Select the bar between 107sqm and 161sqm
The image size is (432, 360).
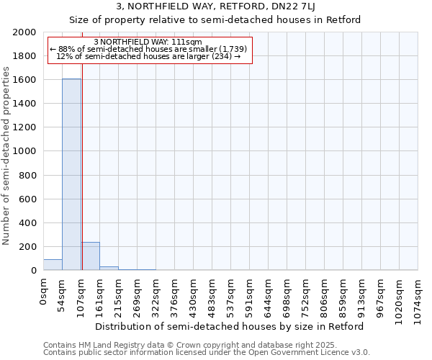(90, 256)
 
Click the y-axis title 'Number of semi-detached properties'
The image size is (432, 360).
(7, 156)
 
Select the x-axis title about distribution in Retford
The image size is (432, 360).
(230, 326)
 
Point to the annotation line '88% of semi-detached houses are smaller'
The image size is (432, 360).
(148, 49)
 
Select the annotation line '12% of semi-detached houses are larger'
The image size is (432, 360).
(148, 56)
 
